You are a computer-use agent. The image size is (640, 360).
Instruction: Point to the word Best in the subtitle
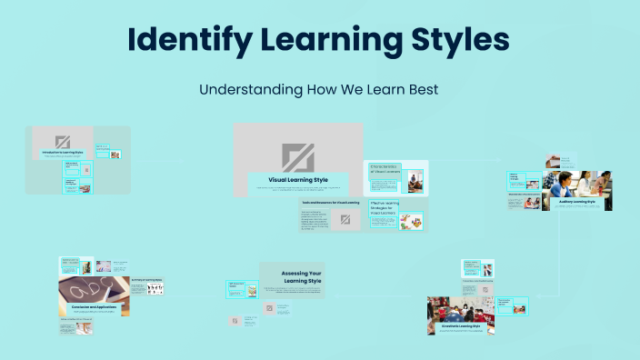423,91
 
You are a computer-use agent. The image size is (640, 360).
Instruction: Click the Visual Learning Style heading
297,180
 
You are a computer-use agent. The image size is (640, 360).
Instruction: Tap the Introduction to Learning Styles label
63,152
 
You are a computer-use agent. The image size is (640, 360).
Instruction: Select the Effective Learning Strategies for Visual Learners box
385,208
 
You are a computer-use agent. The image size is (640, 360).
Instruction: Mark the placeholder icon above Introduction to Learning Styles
63,141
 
